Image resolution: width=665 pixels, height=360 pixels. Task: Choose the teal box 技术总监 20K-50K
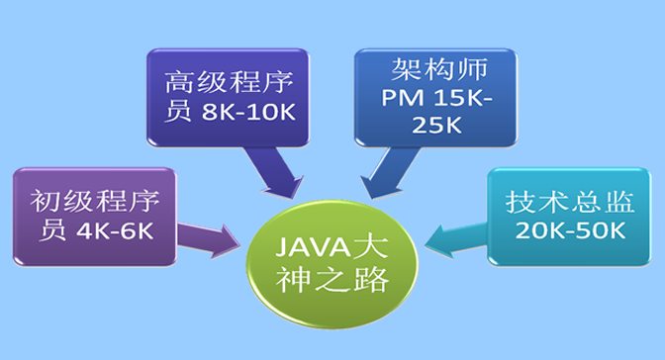pos(565,215)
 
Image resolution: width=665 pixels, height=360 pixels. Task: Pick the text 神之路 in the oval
pos(332,276)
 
